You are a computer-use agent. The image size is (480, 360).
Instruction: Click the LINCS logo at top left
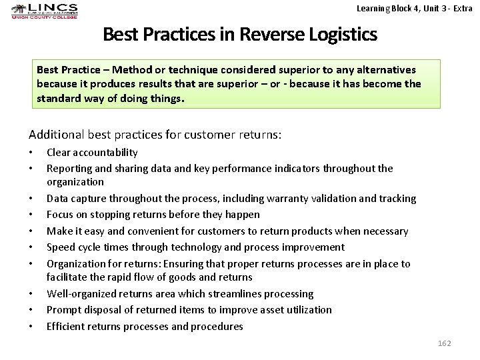click(x=44, y=11)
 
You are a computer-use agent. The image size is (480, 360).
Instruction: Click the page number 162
click(x=444, y=343)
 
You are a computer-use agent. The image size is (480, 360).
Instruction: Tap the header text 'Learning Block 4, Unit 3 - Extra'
click(x=414, y=9)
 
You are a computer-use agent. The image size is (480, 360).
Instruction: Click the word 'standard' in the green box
click(x=58, y=98)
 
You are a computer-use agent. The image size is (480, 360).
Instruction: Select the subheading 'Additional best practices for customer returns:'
click(x=155, y=134)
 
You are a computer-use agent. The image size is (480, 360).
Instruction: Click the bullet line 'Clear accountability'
click(x=92, y=153)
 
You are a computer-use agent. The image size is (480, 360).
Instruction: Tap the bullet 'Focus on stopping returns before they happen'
click(x=153, y=215)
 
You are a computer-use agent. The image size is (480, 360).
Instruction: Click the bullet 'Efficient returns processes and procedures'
click(x=145, y=327)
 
